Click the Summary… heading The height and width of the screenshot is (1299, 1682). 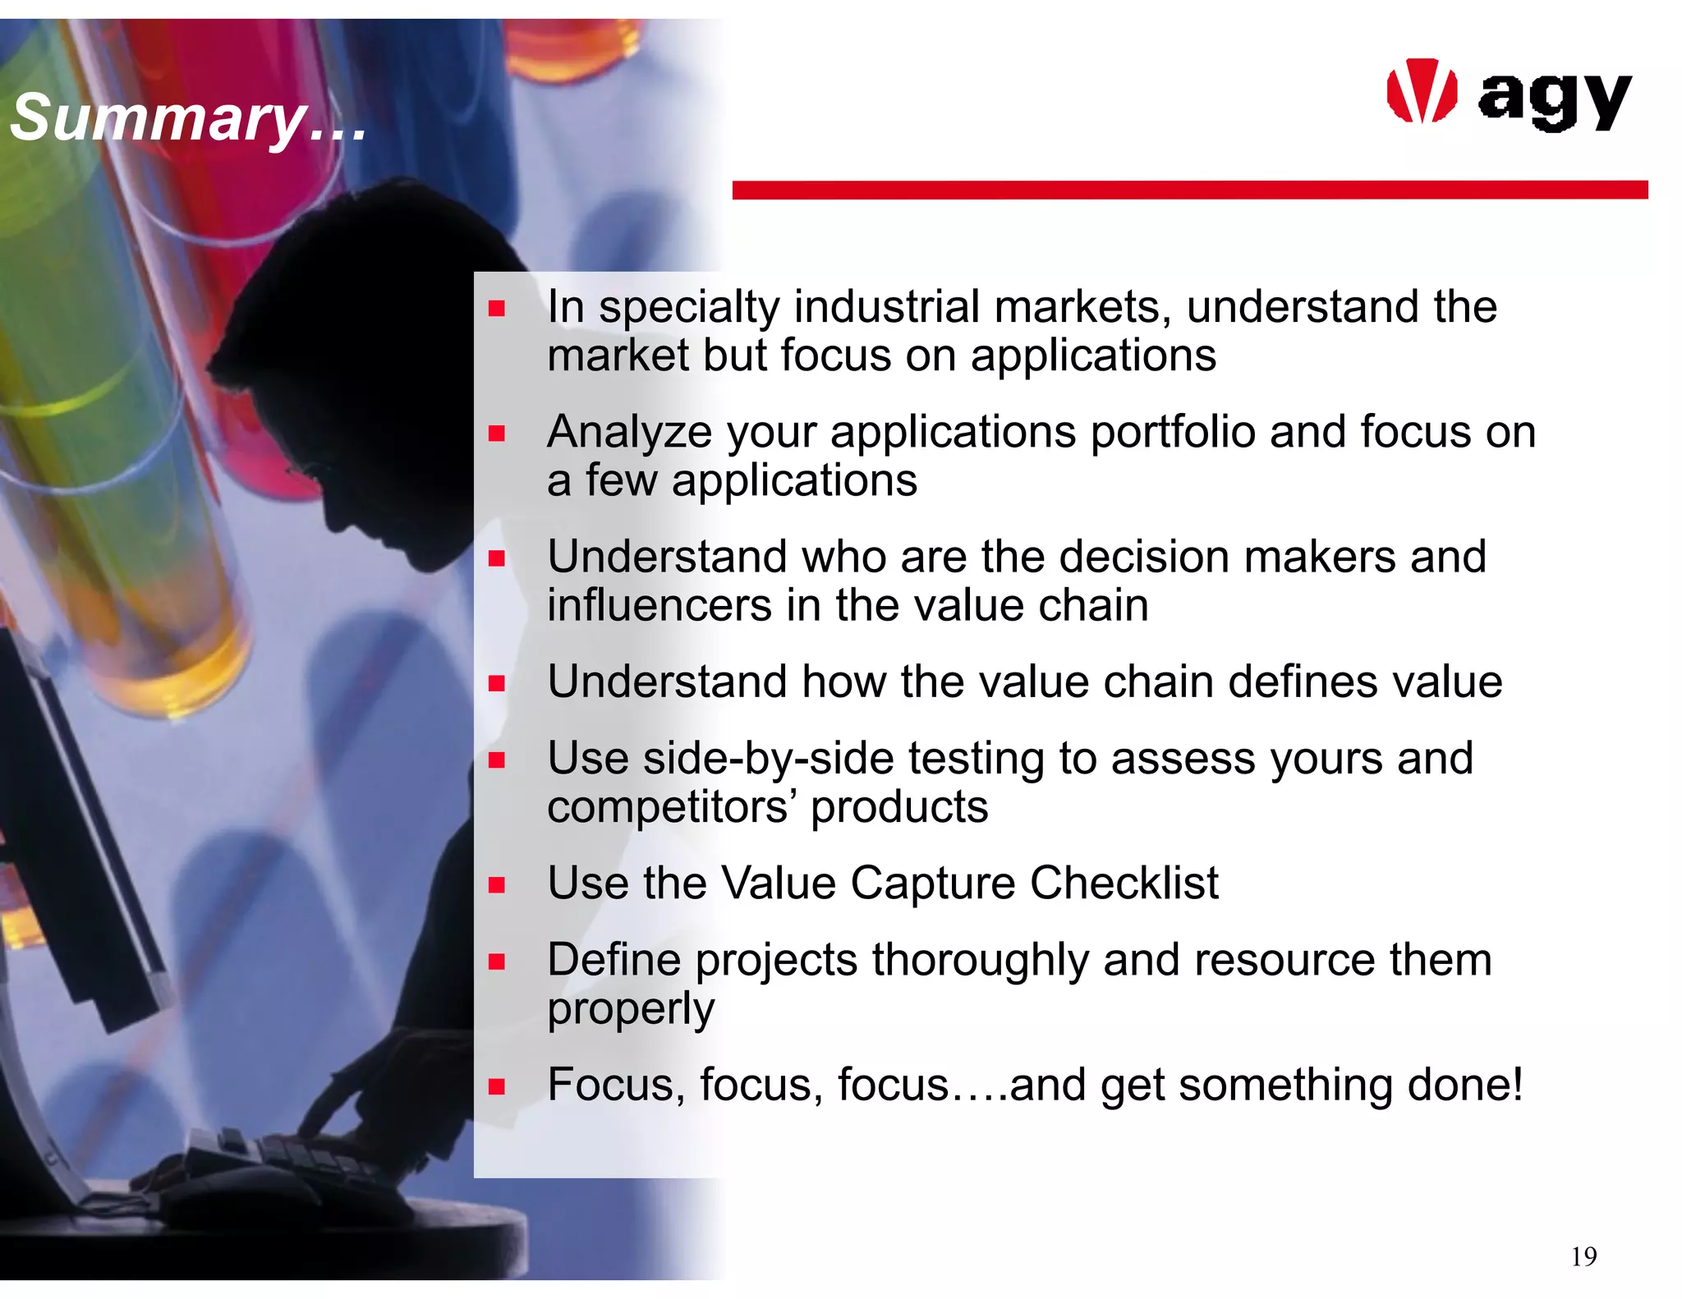tap(188, 117)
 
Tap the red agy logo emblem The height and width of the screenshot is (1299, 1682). tap(1421, 92)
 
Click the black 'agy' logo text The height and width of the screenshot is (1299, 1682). tap(1554, 100)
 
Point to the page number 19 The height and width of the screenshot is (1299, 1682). tap(1583, 1257)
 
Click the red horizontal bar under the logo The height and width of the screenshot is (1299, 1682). tap(1189, 190)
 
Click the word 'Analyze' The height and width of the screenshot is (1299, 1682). tap(629, 433)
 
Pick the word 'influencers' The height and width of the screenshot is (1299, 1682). tap(659, 606)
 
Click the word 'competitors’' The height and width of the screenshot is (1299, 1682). tap(672, 807)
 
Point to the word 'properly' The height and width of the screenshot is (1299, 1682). tap(631, 1009)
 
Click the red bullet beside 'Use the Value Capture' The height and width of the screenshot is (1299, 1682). tap(496, 885)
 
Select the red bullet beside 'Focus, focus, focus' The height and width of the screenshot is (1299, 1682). tap(496, 1087)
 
